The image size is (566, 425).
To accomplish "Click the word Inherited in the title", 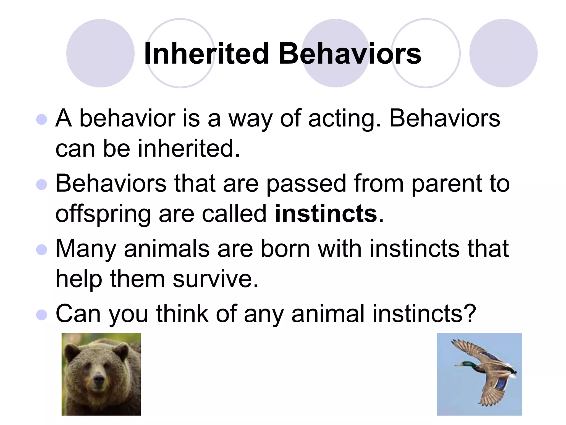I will (206, 54).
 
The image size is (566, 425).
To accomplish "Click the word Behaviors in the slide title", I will (350, 54).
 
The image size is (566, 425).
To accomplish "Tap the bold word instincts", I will (326, 214).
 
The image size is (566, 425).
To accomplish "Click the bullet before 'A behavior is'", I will (41, 120).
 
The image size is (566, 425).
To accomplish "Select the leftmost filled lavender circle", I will (100, 53).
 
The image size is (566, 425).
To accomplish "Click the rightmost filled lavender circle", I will (503, 53).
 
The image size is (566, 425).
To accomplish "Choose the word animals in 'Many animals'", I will (167, 249).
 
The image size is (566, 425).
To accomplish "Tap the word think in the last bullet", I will (182, 313).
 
